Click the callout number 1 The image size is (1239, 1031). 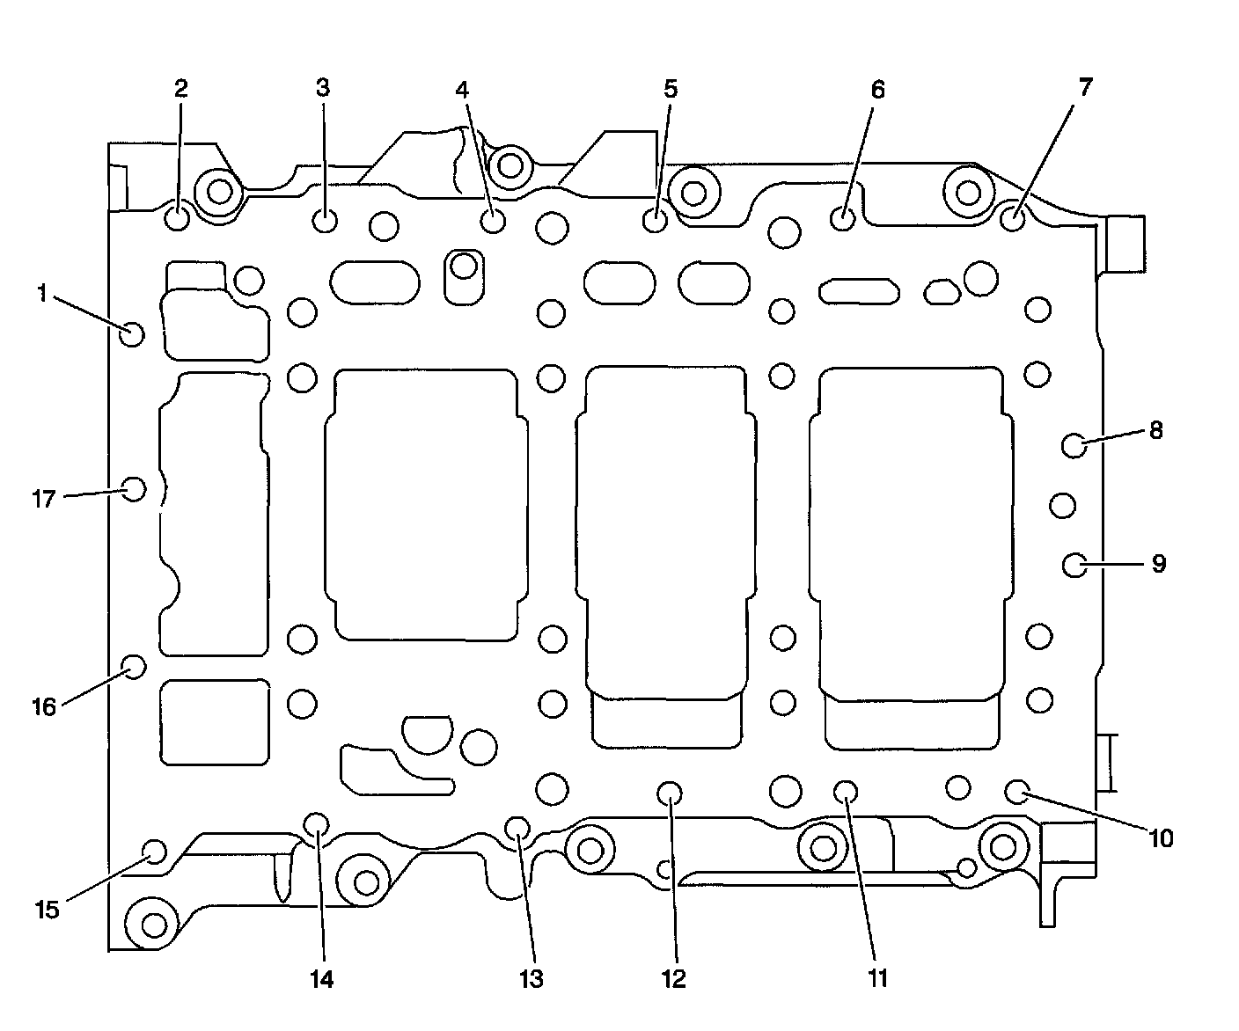point(41,294)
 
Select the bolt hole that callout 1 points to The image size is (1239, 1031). point(132,333)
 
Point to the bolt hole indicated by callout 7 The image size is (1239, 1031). point(1014,215)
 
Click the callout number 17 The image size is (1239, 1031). point(44,500)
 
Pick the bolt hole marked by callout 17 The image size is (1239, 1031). point(133,489)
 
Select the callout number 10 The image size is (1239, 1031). point(1161,838)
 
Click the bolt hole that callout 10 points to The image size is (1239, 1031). point(1018,792)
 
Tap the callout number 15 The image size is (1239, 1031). point(48,910)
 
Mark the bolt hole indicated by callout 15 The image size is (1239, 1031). point(154,851)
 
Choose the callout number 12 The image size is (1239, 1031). point(674,978)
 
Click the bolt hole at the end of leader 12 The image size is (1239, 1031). point(670,793)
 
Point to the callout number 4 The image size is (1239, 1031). point(463,89)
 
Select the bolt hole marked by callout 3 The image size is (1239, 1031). point(326,219)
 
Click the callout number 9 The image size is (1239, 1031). point(1159,563)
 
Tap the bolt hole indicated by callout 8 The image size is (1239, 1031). point(1074,445)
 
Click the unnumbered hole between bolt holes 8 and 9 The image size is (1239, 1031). point(1063,505)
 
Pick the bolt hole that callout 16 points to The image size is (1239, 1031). point(133,667)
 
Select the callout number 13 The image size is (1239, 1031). point(532,978)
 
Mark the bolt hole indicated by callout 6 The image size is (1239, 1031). point(843,217)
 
